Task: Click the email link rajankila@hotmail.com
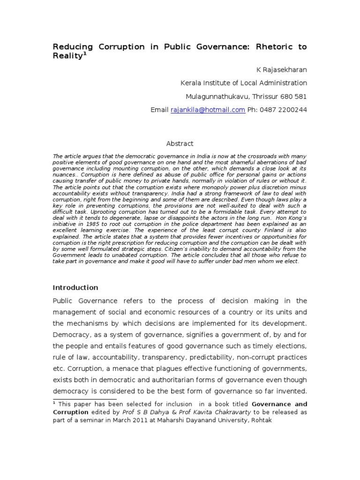point(208,110)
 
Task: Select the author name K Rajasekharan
point(281,69)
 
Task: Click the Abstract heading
point(180,143)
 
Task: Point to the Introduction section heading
point(75,287)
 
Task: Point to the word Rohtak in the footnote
point(260,420)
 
